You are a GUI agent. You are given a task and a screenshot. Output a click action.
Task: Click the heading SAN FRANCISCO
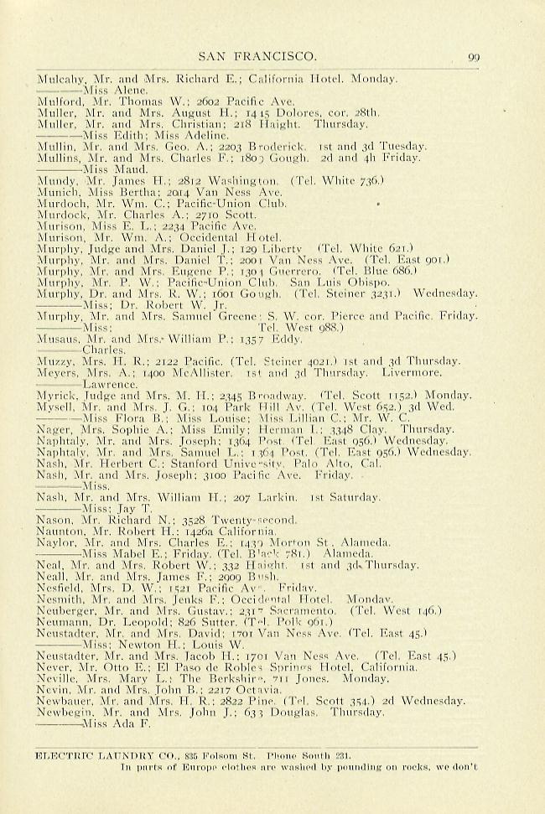pos(257,57)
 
